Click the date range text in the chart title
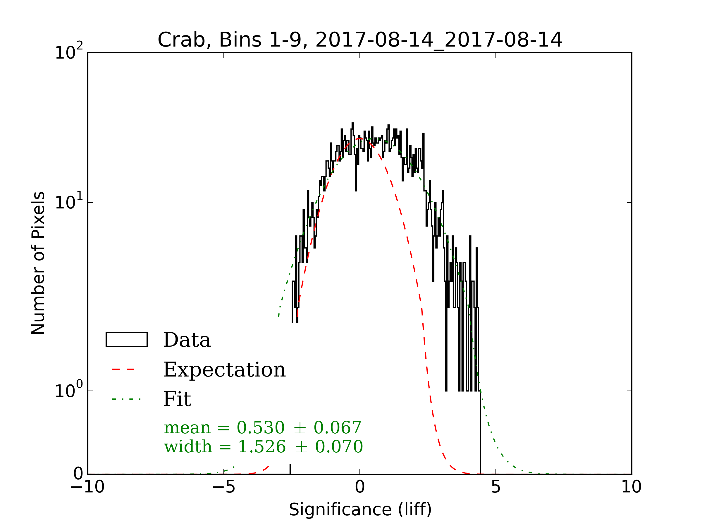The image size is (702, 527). [x=438, y=40]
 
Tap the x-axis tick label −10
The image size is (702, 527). [x=87, y=487]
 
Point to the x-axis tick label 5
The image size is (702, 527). [x=496, y=487]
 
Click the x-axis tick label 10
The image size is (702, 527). [x=631, y=487]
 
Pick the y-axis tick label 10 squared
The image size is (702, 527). [x=68, y=52]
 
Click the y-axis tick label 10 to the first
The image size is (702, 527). [x=68, y=202]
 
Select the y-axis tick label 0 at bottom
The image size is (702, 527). [x=78, y=474]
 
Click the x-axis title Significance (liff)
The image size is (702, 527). [x=360, y=510]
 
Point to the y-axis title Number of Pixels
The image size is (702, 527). [x=38, y=263]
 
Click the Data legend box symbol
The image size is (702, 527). [x=126, y=340]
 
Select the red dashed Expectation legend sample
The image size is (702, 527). [x=123, y=369]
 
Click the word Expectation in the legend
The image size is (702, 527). [x=224, y=370]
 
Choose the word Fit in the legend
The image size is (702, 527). [x=177, y=399]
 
